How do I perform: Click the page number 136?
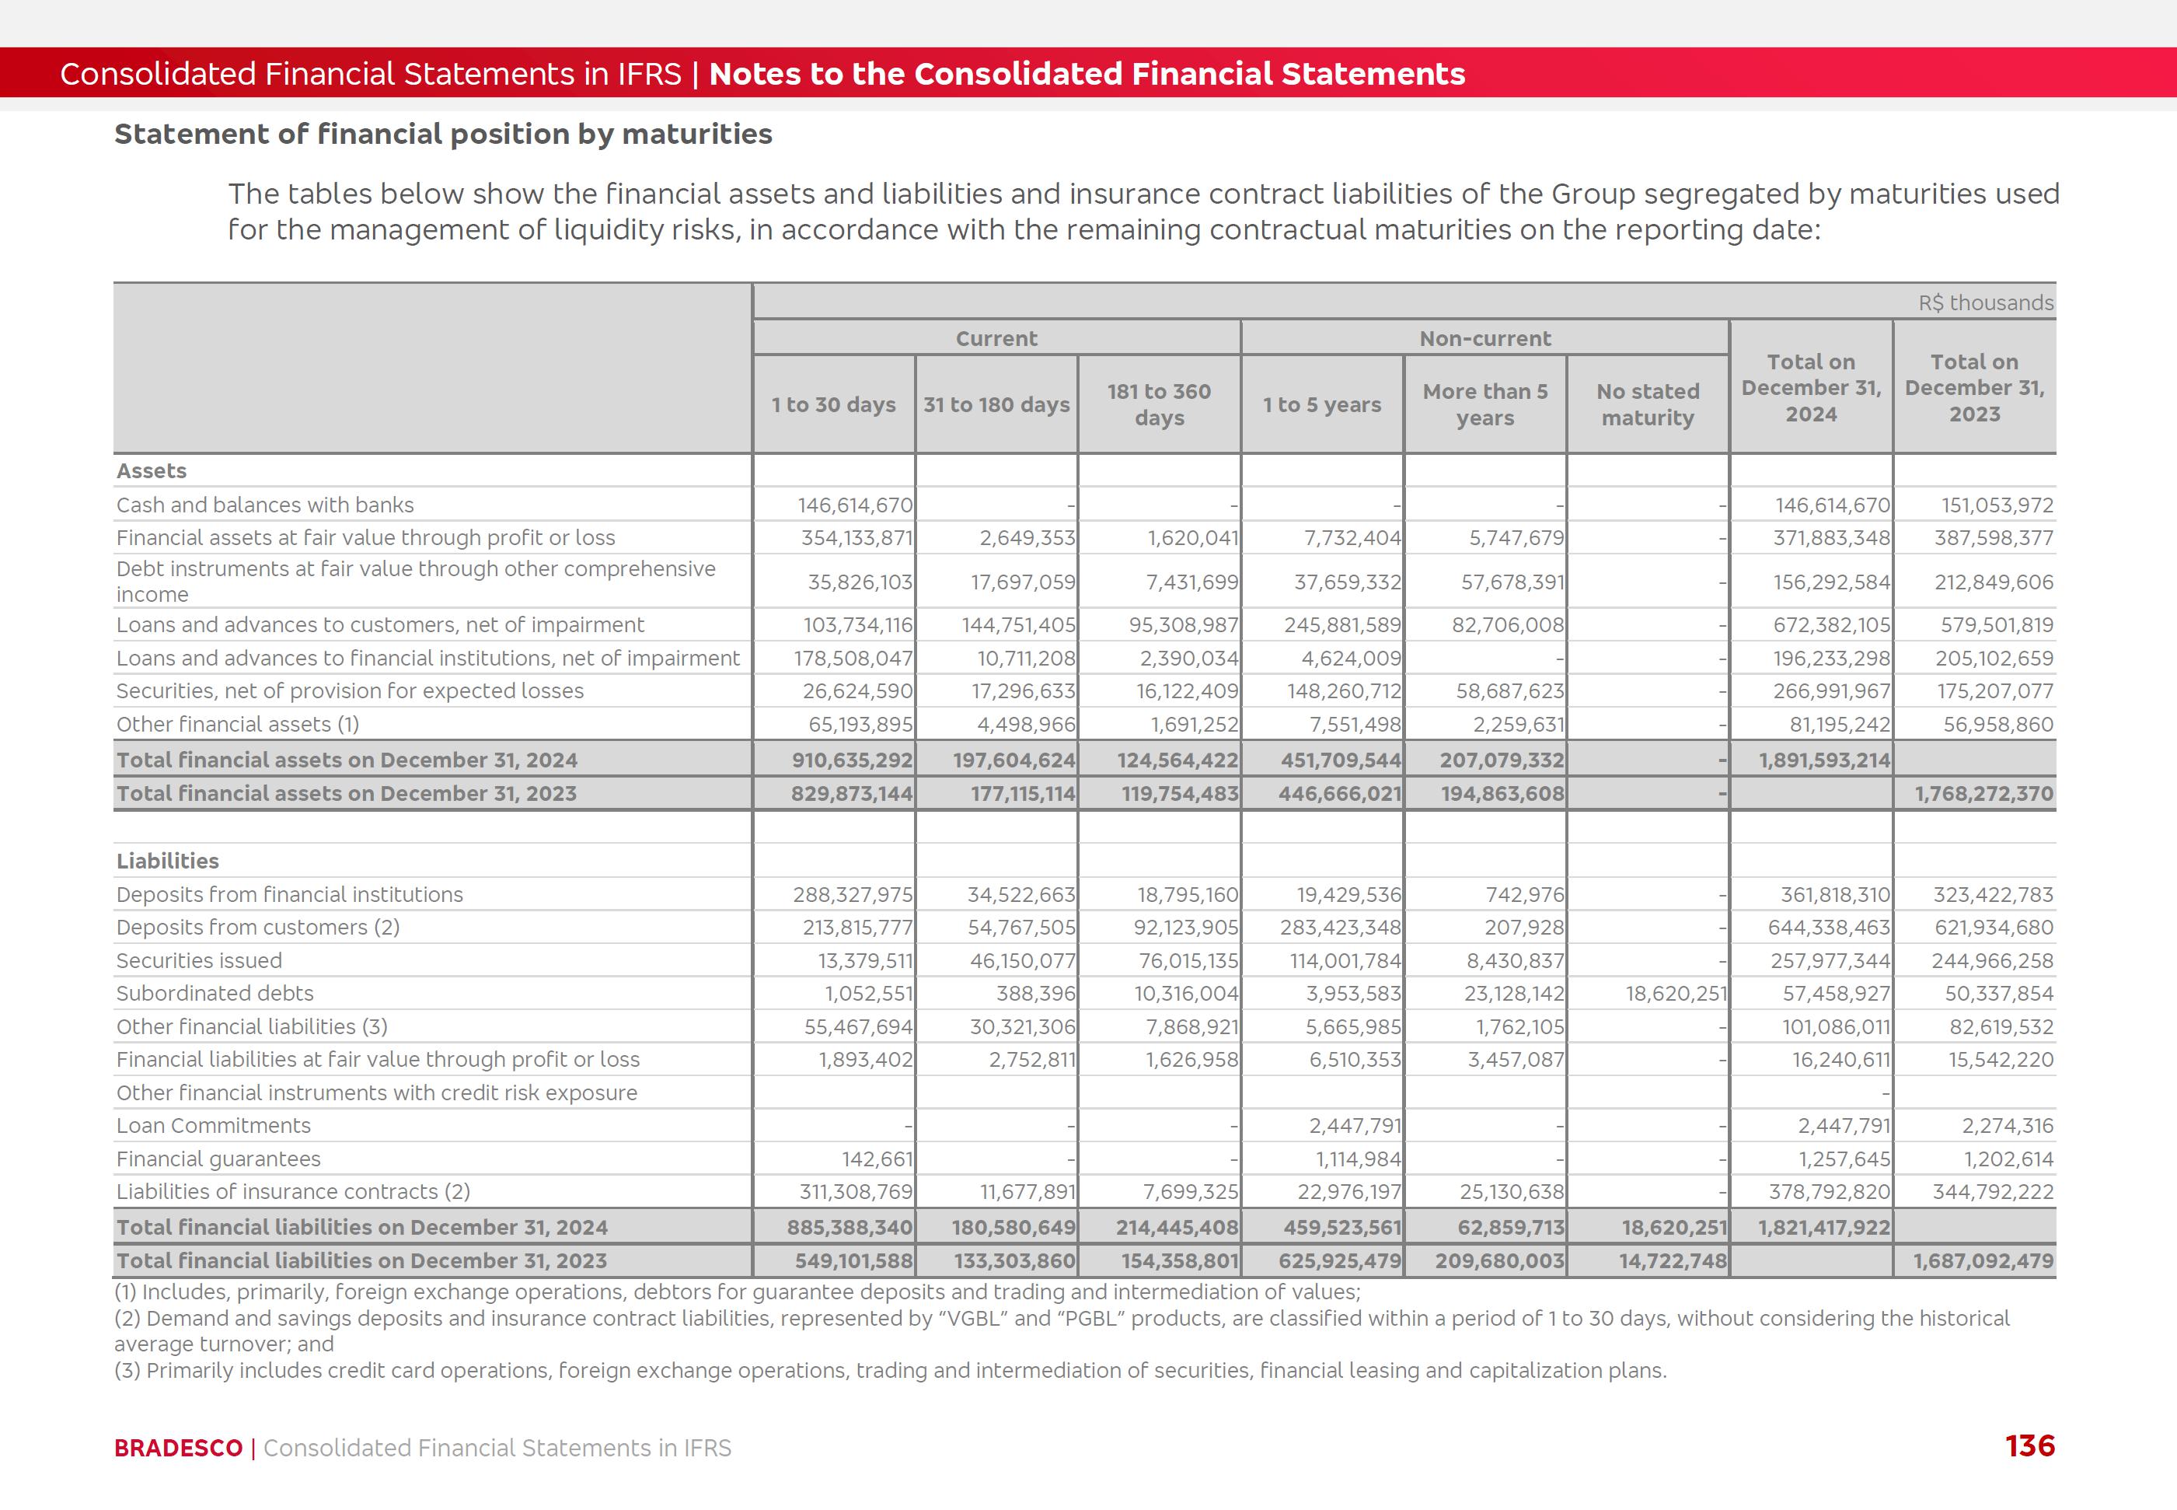pos(2029,1445)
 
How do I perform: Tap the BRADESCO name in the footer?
pos(178,1448)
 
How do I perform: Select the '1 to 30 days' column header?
pos(833,405)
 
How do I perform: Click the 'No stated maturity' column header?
pos(1648,405)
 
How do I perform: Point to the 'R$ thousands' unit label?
pos(1985,302)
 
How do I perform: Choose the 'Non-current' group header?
pos(1484,339)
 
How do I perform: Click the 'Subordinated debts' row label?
pos(215,994)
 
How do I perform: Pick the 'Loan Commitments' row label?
pos(213,1126)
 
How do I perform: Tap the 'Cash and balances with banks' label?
pos(265,505)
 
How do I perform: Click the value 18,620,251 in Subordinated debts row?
pos(1676,994)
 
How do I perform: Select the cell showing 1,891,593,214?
pos(1824,760)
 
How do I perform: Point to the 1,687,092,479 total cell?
pos(1983,1261)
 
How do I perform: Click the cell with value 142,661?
pos(877,1159)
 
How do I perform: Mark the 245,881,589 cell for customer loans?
pos(1342,625)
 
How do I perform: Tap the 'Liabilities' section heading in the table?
pos(167,861)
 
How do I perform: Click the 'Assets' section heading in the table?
pos(152,471)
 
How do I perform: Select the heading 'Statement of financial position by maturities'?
pos(442,135)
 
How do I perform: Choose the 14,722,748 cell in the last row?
pos(1672,1261)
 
